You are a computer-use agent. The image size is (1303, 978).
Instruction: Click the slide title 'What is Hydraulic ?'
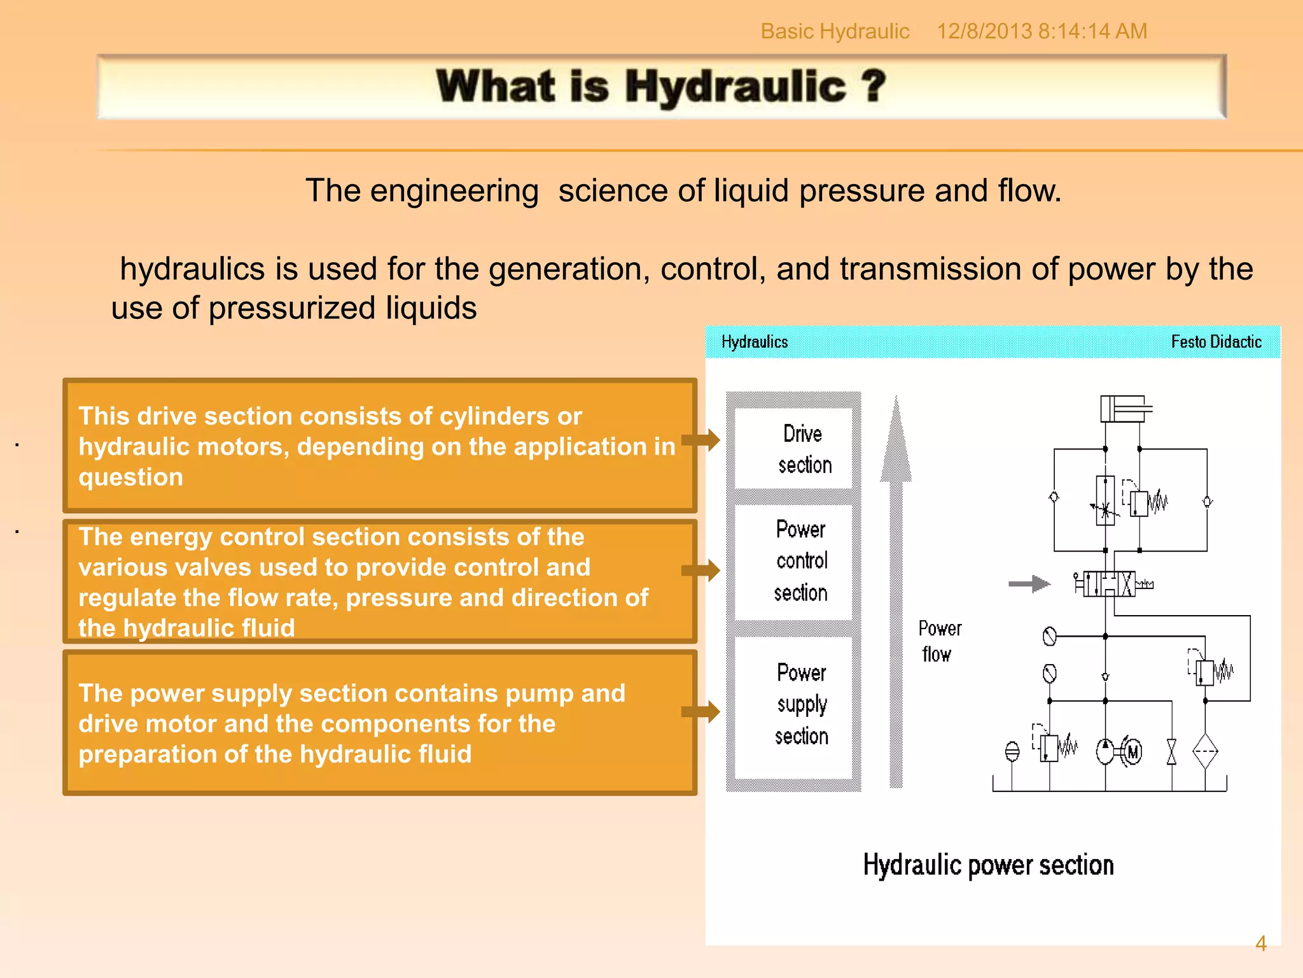click(660, 87)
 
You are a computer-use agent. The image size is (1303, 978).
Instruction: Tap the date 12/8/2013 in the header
click(984, 31)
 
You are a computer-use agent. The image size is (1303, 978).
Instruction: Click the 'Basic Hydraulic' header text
click(835, 31)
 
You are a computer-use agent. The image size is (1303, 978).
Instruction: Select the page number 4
click(1260, 944)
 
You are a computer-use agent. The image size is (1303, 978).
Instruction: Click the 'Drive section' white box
click(793, 448)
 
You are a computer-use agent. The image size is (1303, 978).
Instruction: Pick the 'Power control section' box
click(793, 562)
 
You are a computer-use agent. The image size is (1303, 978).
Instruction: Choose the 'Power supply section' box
click(793, 705)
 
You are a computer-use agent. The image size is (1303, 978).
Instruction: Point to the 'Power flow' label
click(938, 641)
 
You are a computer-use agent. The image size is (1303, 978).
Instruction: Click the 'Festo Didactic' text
click(1216, 342)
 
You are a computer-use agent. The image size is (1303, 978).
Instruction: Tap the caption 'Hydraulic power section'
click(988, 865)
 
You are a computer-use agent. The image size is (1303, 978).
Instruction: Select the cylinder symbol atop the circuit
click(1125, 409)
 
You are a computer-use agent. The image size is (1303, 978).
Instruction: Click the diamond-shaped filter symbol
click(1205, 751)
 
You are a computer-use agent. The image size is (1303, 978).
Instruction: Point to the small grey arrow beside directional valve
click(1029, 583)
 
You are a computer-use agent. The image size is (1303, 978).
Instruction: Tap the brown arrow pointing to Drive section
click(701, 439)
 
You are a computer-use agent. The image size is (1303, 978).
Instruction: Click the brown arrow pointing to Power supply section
click(701, 711)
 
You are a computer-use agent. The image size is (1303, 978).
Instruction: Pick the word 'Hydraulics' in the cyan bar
click(755, 342)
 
